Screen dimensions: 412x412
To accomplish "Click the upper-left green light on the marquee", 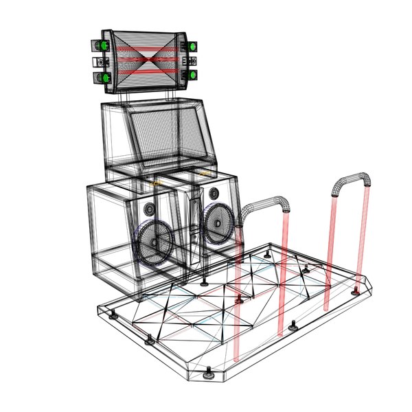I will pos(104,46).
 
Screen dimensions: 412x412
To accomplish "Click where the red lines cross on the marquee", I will pos(147,60).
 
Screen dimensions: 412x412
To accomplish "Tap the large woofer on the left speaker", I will pos(155,242).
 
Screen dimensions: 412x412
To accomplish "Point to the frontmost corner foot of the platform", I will pos(208,374).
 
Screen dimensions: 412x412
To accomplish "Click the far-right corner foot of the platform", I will pos(355,293).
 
